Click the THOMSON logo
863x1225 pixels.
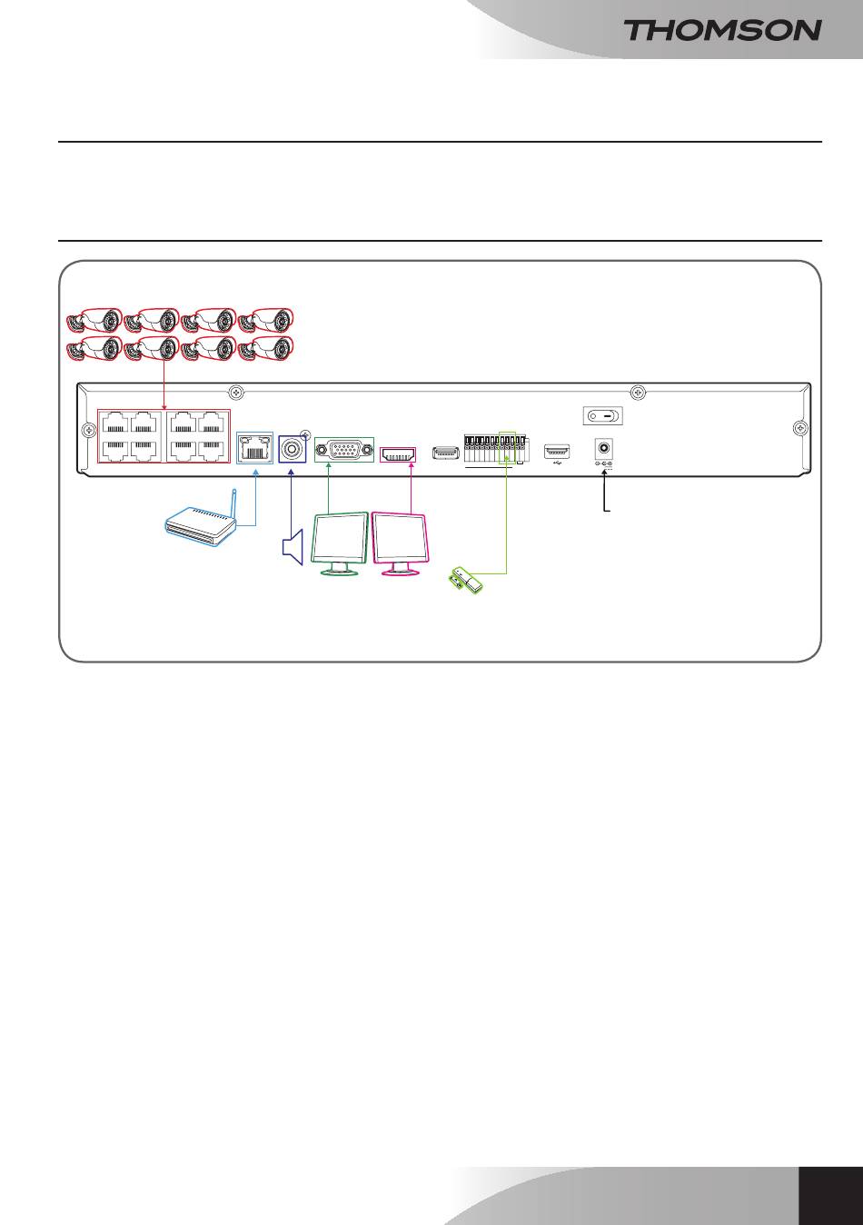click(722, 30)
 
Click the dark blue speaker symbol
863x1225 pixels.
click(293, 547)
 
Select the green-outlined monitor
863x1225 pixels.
click(340, 543)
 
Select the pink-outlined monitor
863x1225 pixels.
click(401, 543)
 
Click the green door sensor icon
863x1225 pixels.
click(466, 580)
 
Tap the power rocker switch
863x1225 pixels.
click(603, 416)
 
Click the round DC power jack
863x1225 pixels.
click(604, 448)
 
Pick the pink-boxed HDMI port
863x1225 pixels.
click(398, 454)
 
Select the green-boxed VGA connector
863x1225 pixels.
click(344, 450)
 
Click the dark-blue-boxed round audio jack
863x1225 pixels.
click(292, 449)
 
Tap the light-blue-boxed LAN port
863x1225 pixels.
click(254, 448)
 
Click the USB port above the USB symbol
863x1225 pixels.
click(557, 451)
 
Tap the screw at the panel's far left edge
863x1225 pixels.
click(88, 431)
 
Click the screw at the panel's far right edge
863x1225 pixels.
click(800, 428)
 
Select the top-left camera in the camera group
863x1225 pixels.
click(94, 321)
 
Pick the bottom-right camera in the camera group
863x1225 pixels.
click(265, 348)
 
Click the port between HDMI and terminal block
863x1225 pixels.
click(445, 453)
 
